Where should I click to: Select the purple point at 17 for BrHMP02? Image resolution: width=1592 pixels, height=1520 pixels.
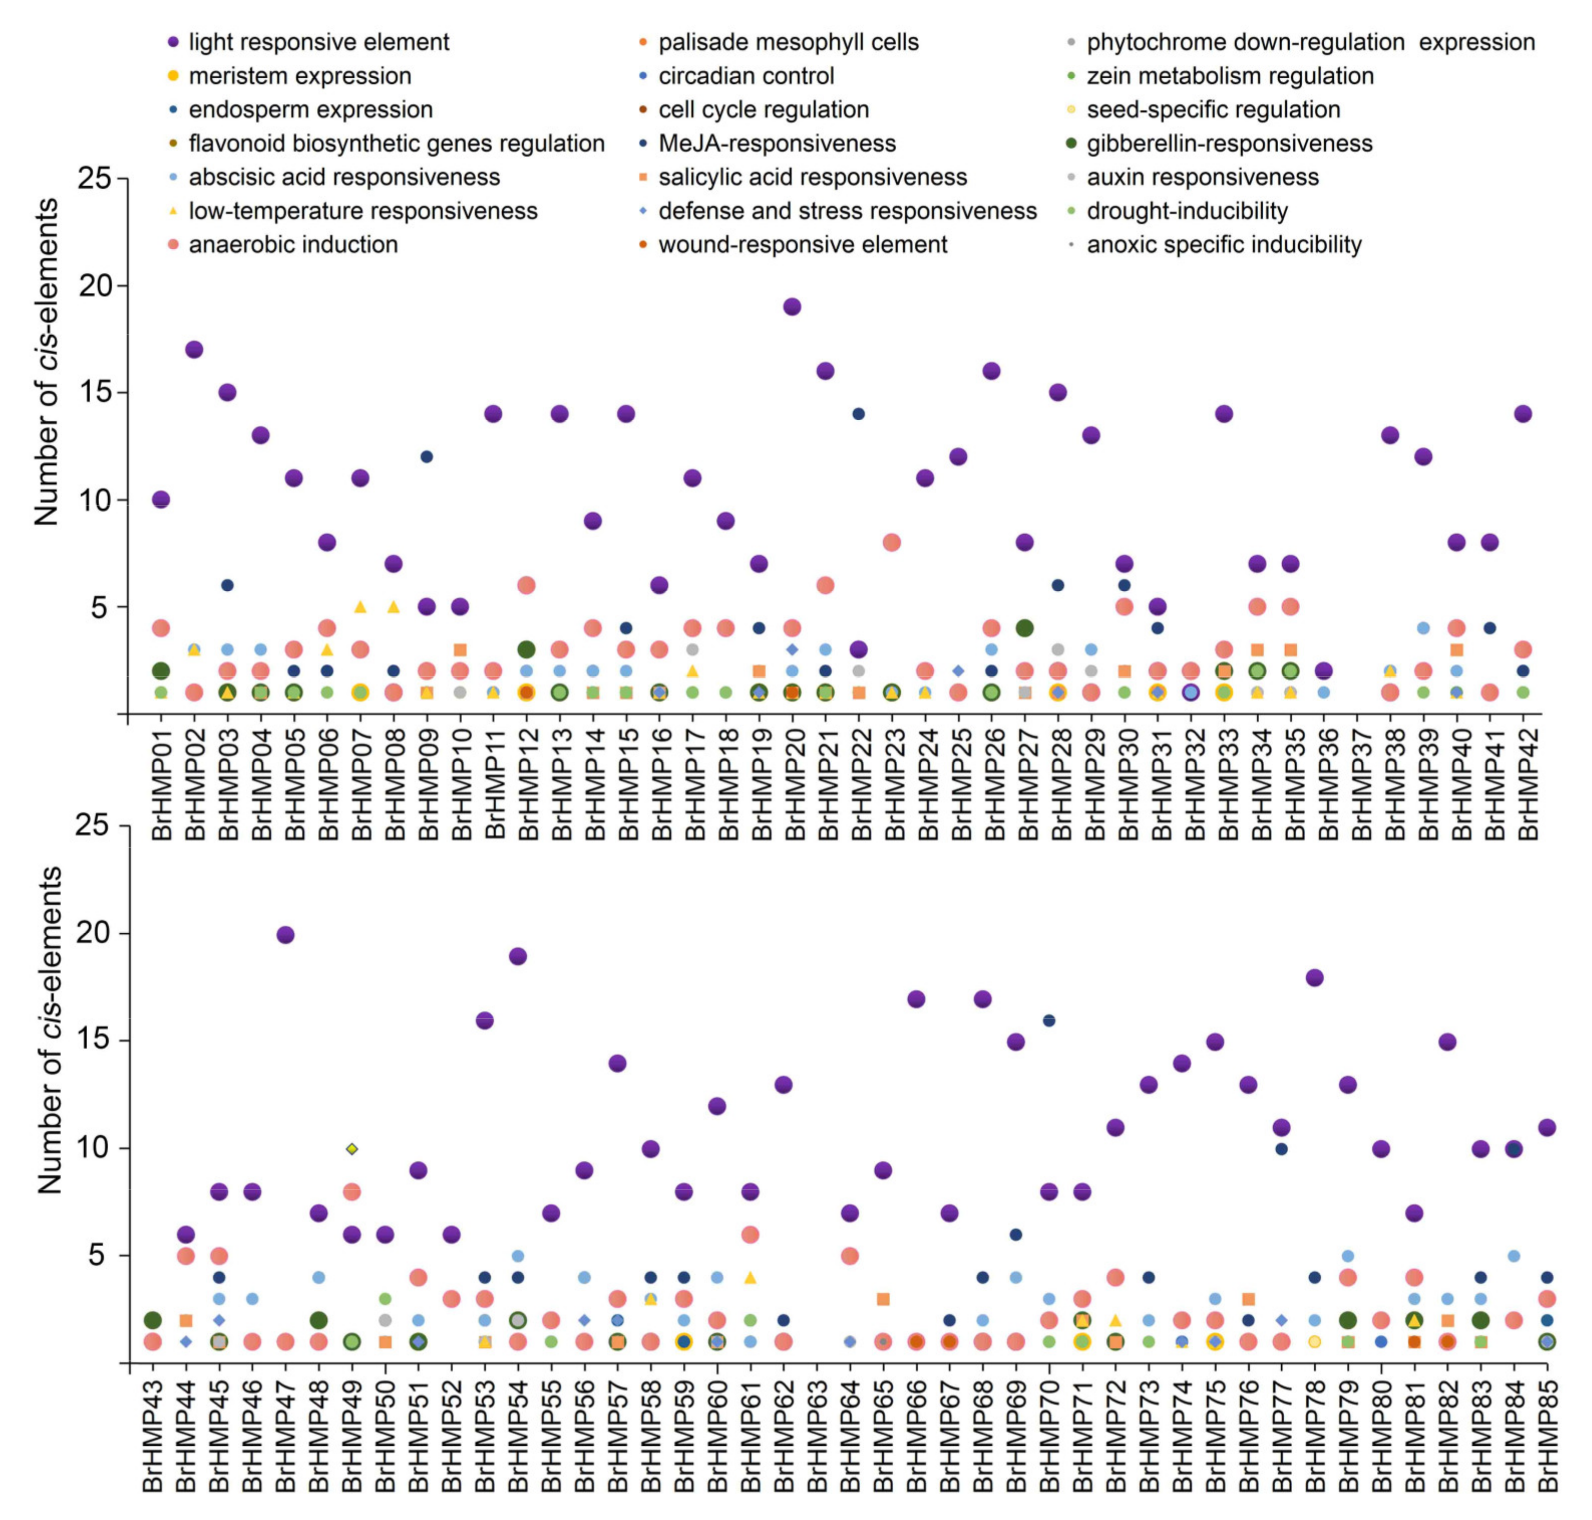193,350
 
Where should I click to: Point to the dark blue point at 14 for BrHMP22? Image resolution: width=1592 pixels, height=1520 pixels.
859,414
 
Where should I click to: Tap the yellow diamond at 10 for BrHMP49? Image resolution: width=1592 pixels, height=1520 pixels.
351,1149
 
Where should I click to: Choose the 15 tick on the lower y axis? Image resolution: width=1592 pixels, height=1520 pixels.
96,1041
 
